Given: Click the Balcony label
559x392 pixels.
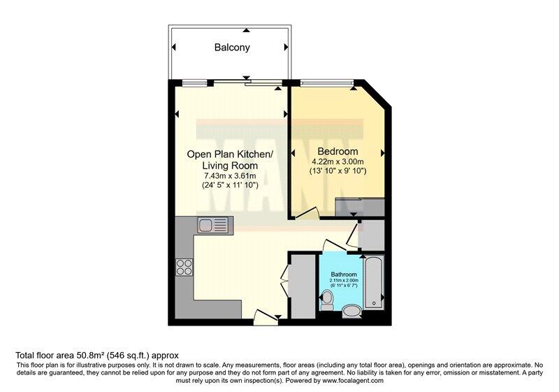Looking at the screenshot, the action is pyautogui.click(x=232, y=48).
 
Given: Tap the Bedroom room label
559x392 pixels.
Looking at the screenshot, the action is pyautogui.click(x=337, y=151).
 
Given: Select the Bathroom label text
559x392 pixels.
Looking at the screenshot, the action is pyautogui.click(x=344, y=274).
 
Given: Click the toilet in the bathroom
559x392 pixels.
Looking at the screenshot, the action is pyautogui.click(x=326, y=300).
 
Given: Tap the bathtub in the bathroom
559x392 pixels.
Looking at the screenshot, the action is pyautogui.click(x=374, y=283).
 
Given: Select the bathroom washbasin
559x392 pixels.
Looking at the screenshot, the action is pyautogui.click(x=352, y=311).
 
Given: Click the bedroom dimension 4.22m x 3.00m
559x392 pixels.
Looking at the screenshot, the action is pyautogui.click(x=337, y=162).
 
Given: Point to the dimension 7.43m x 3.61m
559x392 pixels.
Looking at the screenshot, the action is pyautogui.click(x=230, y=176).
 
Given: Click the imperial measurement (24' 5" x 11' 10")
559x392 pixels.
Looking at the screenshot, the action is pyautogui.click(x=230, y=185).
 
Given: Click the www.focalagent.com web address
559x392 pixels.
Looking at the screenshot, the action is pyautogui.click(x=353, y=381).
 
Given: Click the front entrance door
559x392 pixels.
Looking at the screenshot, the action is pyautogui.click(x=266, y=318).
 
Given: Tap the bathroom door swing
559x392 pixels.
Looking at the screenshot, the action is pyautogui.click(x=335, y=246).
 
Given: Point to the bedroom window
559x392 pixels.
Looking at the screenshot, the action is pyautogui.click(x=327, y=83).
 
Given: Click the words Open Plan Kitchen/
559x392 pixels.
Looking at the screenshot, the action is pyautogui.click(x=230, y=154).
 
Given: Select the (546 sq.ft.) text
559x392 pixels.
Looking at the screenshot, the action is pyautogui.click(x=129, y=355).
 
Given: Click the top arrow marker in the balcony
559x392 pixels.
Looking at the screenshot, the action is pyautogui.click(x=246, y=31).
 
